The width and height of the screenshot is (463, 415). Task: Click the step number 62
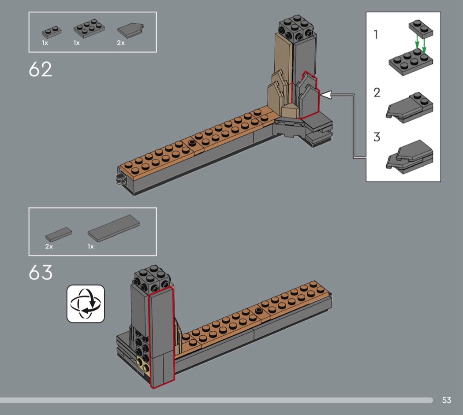click(41, 69)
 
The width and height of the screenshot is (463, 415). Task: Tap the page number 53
click(446, 400)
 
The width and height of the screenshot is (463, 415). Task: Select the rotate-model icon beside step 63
click(86, 304)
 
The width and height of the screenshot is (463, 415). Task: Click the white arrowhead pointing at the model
click(326, 95)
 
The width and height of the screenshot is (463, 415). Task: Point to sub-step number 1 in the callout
click(376, 34)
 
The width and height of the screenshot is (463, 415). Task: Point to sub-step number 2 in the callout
click(377, 93)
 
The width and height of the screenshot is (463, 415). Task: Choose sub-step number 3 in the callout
click(377, 137)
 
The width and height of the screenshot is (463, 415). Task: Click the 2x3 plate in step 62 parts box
click(89, 28)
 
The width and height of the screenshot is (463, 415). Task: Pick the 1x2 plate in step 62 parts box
click(52, 32)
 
